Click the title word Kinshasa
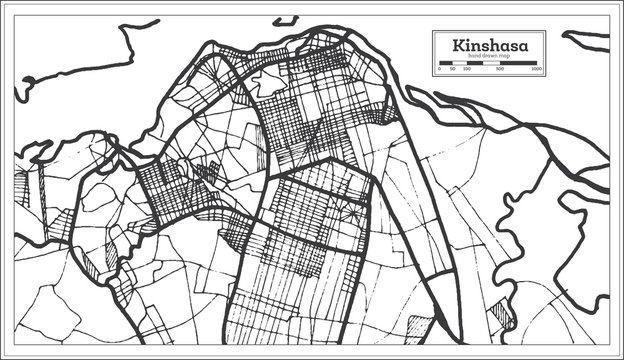point(486,45)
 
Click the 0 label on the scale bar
point(440,72)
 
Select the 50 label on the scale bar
point(453,72)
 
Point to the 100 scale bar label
point(466,72)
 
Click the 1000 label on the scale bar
point(537,72)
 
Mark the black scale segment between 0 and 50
point(446,66)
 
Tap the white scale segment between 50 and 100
point(459,66)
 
